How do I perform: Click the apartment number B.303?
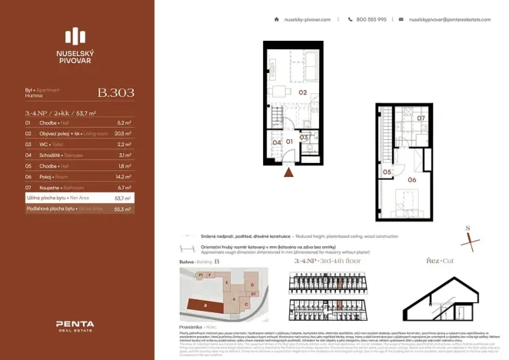pos(115,93)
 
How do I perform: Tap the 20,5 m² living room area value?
pos(124,133)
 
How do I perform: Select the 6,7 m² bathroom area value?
pos(124,187)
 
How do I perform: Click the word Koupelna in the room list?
pos(48,187)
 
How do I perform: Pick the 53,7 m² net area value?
pos(123,198)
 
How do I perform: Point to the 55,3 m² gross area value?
pos(123,208)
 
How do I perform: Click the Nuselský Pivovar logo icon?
pos(75,36)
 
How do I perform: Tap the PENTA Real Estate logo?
pos(75,327)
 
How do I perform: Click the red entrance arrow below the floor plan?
pos(288,173)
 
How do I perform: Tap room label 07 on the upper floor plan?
pos(421,118)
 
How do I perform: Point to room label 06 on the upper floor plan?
pos(412,179)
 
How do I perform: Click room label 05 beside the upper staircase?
pos(388,172)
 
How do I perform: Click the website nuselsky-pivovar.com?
pos(307,19)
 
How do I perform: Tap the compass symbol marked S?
pos(469,238)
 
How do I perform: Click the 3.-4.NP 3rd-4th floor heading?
pos(327,262)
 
